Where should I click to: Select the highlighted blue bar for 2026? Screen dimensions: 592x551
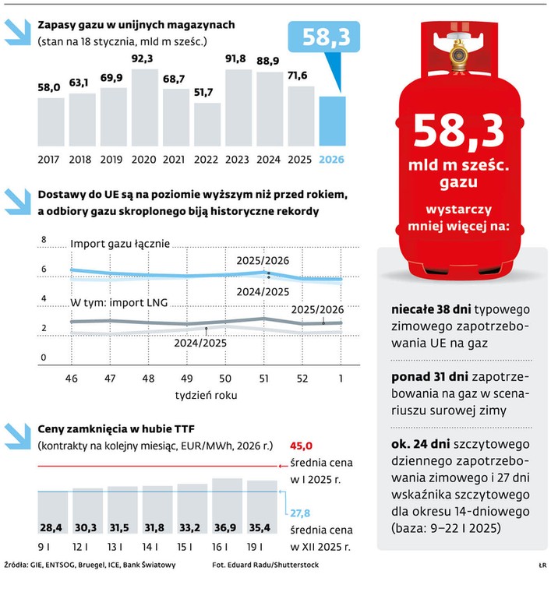332,122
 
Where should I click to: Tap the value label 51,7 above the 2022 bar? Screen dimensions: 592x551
207,93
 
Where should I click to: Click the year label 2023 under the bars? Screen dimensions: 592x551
238,159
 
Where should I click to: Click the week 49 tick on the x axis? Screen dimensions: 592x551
186,379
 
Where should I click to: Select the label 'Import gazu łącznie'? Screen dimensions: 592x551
120,244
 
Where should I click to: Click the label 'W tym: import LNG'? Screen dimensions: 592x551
119,302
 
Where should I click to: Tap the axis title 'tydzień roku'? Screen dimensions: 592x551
205,395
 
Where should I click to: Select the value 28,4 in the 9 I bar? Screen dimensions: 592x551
51,522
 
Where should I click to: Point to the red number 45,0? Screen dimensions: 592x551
301,446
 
